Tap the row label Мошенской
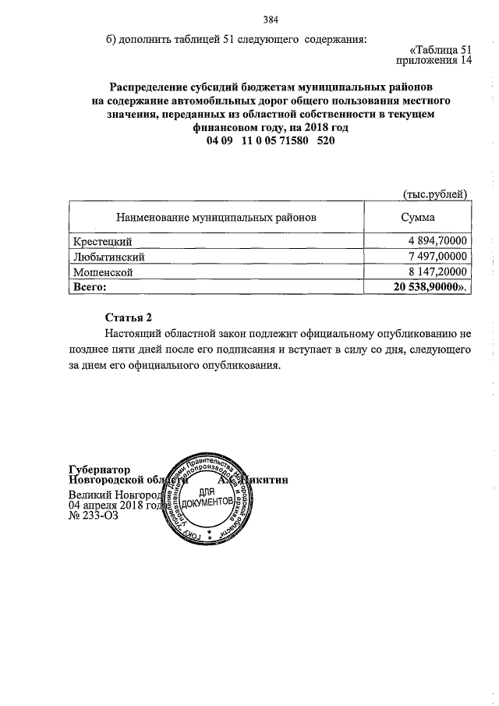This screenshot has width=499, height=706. click(x=102, y=272)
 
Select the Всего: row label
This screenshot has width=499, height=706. click(x=89, y=287)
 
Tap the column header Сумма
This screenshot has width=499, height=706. click(x=418, y=218)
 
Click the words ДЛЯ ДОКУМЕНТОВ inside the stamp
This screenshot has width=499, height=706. click(x=207, y=499)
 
